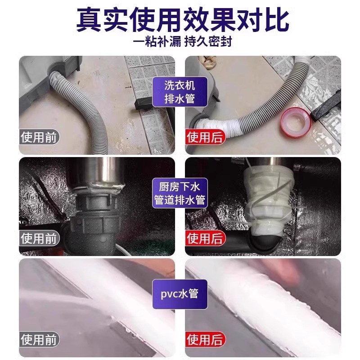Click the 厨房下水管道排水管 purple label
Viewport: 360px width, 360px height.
coord(180,193)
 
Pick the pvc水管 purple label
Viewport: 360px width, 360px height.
coord(180,294)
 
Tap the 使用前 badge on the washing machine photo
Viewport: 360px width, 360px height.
coord(40,136)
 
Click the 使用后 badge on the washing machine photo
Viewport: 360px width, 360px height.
coord(205,136)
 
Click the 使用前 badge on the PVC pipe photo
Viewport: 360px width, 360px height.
coord(40,339)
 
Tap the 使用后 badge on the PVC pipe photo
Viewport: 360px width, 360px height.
coord(205,339)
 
